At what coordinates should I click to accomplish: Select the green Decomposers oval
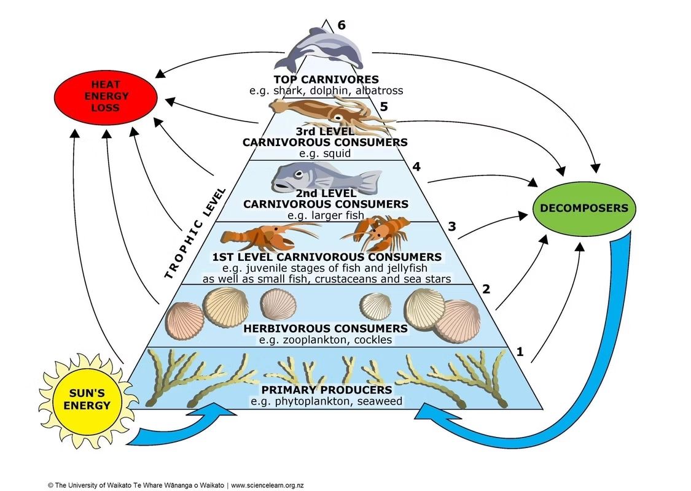tap(584, 208)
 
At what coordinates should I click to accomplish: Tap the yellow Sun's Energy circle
tap(90, 398)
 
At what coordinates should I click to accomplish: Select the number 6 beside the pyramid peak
tap(342, 25)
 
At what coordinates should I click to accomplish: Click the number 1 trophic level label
tap(520, 352)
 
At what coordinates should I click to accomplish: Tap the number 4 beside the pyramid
tap(416, 166)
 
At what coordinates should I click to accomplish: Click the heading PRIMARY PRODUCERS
tap(326, 390)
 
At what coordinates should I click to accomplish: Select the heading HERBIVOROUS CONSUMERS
tap(326, 328)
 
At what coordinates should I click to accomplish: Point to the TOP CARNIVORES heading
tap(326, 79)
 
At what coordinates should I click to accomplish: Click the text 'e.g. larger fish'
tap(326, 215)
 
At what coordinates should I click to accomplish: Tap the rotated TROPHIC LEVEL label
tap(195, 233)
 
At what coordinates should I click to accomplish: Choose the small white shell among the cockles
tap(375, 303)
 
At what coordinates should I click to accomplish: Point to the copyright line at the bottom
tap(176, 485)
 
